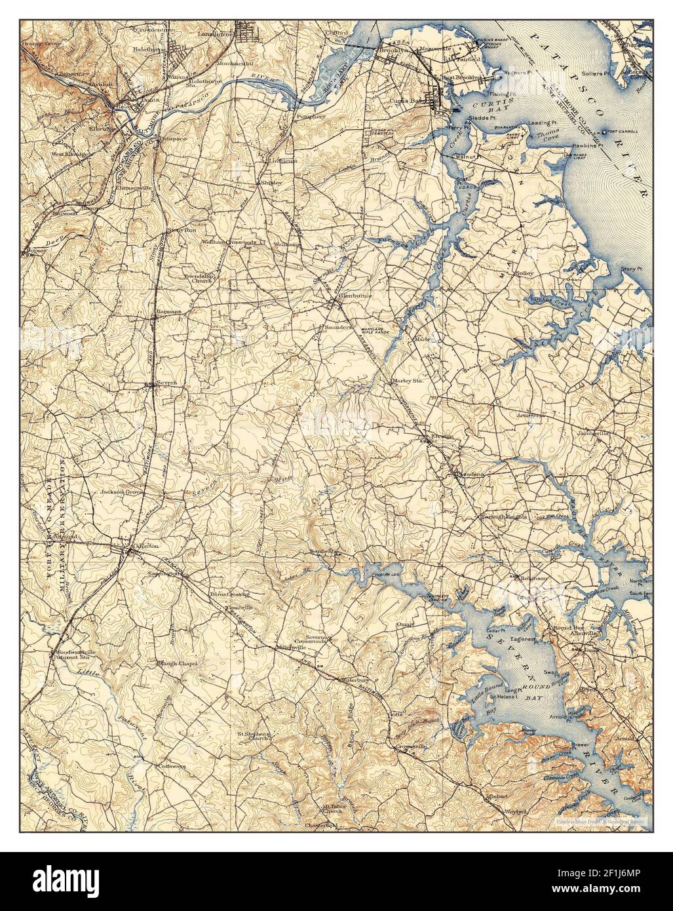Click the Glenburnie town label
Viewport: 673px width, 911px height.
(x=355, y=296)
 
